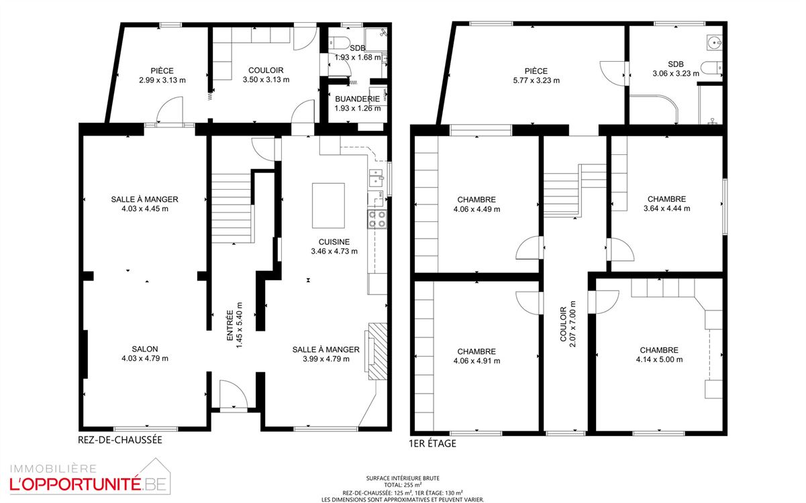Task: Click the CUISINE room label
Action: (334, 242)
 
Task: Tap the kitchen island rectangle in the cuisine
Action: (328, 205)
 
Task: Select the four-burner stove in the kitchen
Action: (377, 219)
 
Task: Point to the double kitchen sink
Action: (376, 178)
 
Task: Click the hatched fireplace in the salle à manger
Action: (377, 351)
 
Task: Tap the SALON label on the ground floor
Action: (145, 349)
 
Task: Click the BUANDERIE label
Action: (357, 99)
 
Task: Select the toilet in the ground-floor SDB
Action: (339, 42)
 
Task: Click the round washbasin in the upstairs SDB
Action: (714, 43)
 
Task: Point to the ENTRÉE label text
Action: (230, 325)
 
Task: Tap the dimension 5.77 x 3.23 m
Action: (536, 80)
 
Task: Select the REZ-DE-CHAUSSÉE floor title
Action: (120, 440)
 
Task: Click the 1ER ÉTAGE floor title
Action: (432, 443)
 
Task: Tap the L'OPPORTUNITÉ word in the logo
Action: (75, 484)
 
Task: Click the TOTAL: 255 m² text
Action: (403, 485)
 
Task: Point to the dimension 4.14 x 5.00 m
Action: (659, 359)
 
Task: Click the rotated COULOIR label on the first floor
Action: (563, 324)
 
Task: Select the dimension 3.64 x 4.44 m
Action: (667, 209)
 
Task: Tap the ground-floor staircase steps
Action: (232, 209)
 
